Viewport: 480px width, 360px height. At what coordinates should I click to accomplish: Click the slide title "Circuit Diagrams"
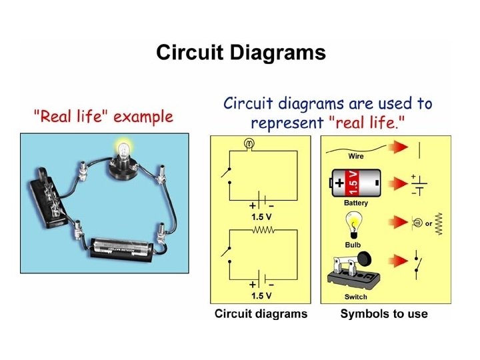241,53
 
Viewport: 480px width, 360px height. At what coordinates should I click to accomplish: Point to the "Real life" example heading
103,118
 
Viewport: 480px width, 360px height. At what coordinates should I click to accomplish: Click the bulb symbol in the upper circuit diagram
250,143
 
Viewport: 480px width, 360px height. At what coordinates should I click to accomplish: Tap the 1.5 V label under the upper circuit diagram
261,217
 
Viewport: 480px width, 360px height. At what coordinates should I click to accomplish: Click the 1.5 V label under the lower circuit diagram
261,295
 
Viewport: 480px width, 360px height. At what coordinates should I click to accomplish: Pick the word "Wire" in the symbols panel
356,156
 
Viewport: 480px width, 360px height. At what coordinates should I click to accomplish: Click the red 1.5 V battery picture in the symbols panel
355,181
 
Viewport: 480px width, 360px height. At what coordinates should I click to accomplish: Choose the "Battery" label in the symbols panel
356,202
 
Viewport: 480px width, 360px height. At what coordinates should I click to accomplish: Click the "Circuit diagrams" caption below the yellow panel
261,313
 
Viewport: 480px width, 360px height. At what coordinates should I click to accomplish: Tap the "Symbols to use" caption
384,313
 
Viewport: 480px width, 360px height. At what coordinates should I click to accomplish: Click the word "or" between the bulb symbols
428,223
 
